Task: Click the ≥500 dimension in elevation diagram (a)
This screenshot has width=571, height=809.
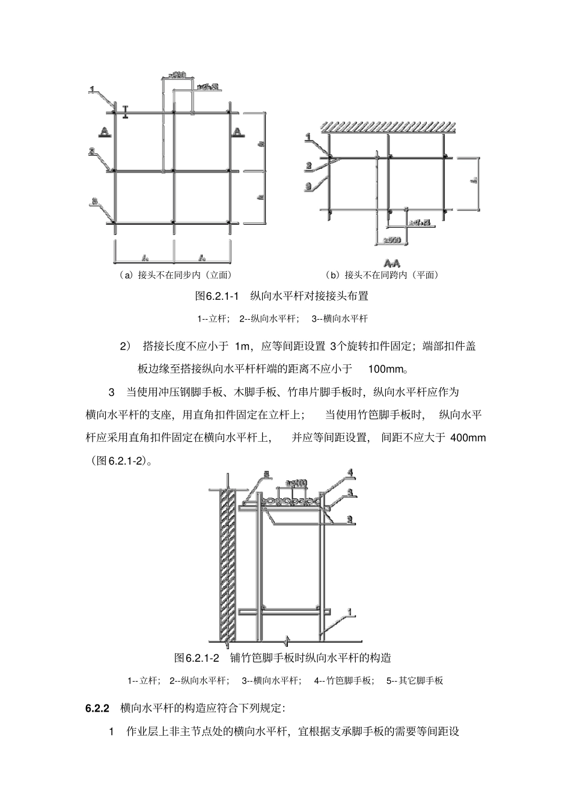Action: tap(177, 75)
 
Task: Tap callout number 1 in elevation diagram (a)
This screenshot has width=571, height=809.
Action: tap(92, 90)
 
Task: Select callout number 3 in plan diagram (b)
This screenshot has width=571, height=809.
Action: tap(308, 186)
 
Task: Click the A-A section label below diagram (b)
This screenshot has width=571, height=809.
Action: tap(392, 263)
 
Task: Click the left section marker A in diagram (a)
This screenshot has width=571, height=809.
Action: tap(105, 131)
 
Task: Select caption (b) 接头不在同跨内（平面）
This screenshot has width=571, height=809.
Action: tap(382, 275)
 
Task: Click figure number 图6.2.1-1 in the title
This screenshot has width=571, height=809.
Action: tap(218, 296)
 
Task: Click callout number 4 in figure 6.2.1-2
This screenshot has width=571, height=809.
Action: tap(350, 472)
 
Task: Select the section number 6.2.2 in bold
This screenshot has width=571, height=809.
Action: tap(97, 708)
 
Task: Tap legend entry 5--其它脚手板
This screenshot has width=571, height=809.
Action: tap(414, 681)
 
